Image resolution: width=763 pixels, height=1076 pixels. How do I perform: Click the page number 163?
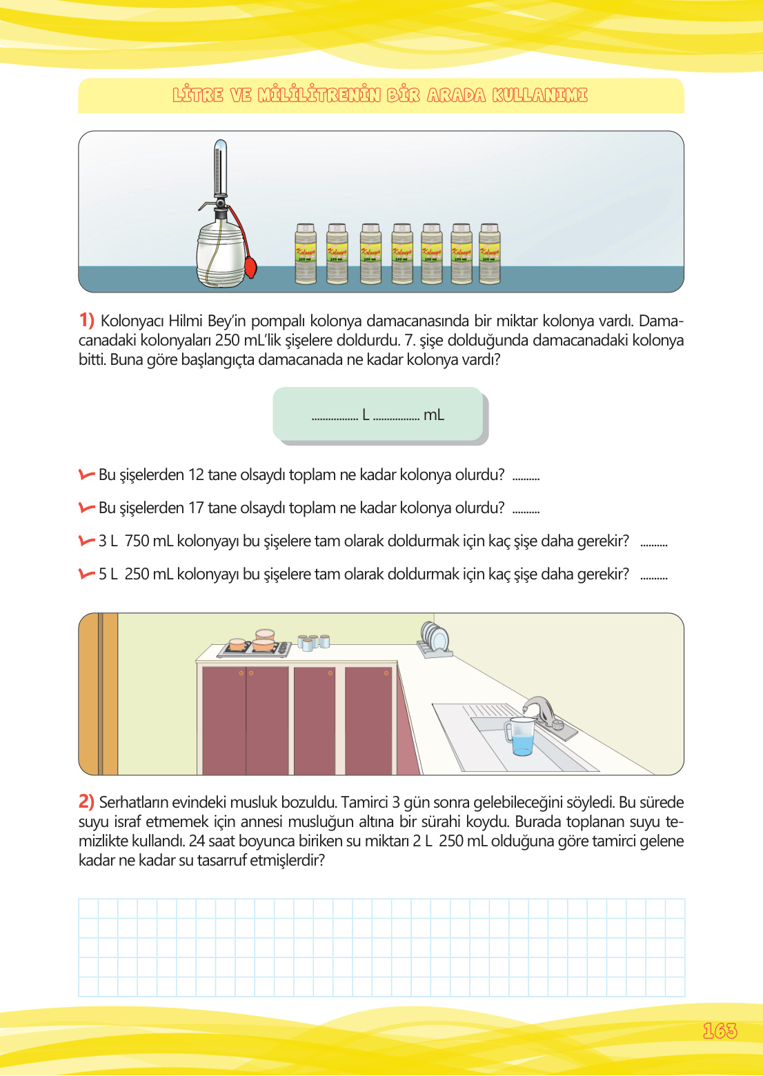[720, 1030]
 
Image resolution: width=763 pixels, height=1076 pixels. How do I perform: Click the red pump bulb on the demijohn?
[250, 266]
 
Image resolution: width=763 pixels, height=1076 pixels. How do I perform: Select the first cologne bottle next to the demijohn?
[306, 253]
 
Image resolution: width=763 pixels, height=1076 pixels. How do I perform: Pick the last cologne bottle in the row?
[489, 253]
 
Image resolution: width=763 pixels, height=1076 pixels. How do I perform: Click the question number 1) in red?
[86, 320]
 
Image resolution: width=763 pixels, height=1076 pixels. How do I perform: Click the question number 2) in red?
[86, 801]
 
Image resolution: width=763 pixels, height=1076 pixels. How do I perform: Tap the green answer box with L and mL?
[378, 414]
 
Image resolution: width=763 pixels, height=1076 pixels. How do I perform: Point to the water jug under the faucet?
[520, 737]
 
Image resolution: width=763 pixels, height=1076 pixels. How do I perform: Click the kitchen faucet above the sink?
[539, 710]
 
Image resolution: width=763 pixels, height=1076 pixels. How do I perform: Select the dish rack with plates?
[435, 639]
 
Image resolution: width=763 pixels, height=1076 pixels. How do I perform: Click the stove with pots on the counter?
[254, 645]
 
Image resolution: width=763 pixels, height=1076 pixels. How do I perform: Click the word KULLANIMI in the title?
[539, 95]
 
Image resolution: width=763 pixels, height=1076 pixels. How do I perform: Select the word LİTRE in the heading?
[198, 95]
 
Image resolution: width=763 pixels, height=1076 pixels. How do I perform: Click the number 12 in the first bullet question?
[196, 475]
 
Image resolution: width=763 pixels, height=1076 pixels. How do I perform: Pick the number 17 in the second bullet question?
[196, 508]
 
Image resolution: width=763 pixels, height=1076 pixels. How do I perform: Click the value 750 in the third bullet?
[137, 541]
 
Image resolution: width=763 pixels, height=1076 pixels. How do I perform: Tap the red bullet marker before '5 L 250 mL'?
[86, 574]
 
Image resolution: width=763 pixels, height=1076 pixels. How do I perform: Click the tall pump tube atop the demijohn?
[220, 169]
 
